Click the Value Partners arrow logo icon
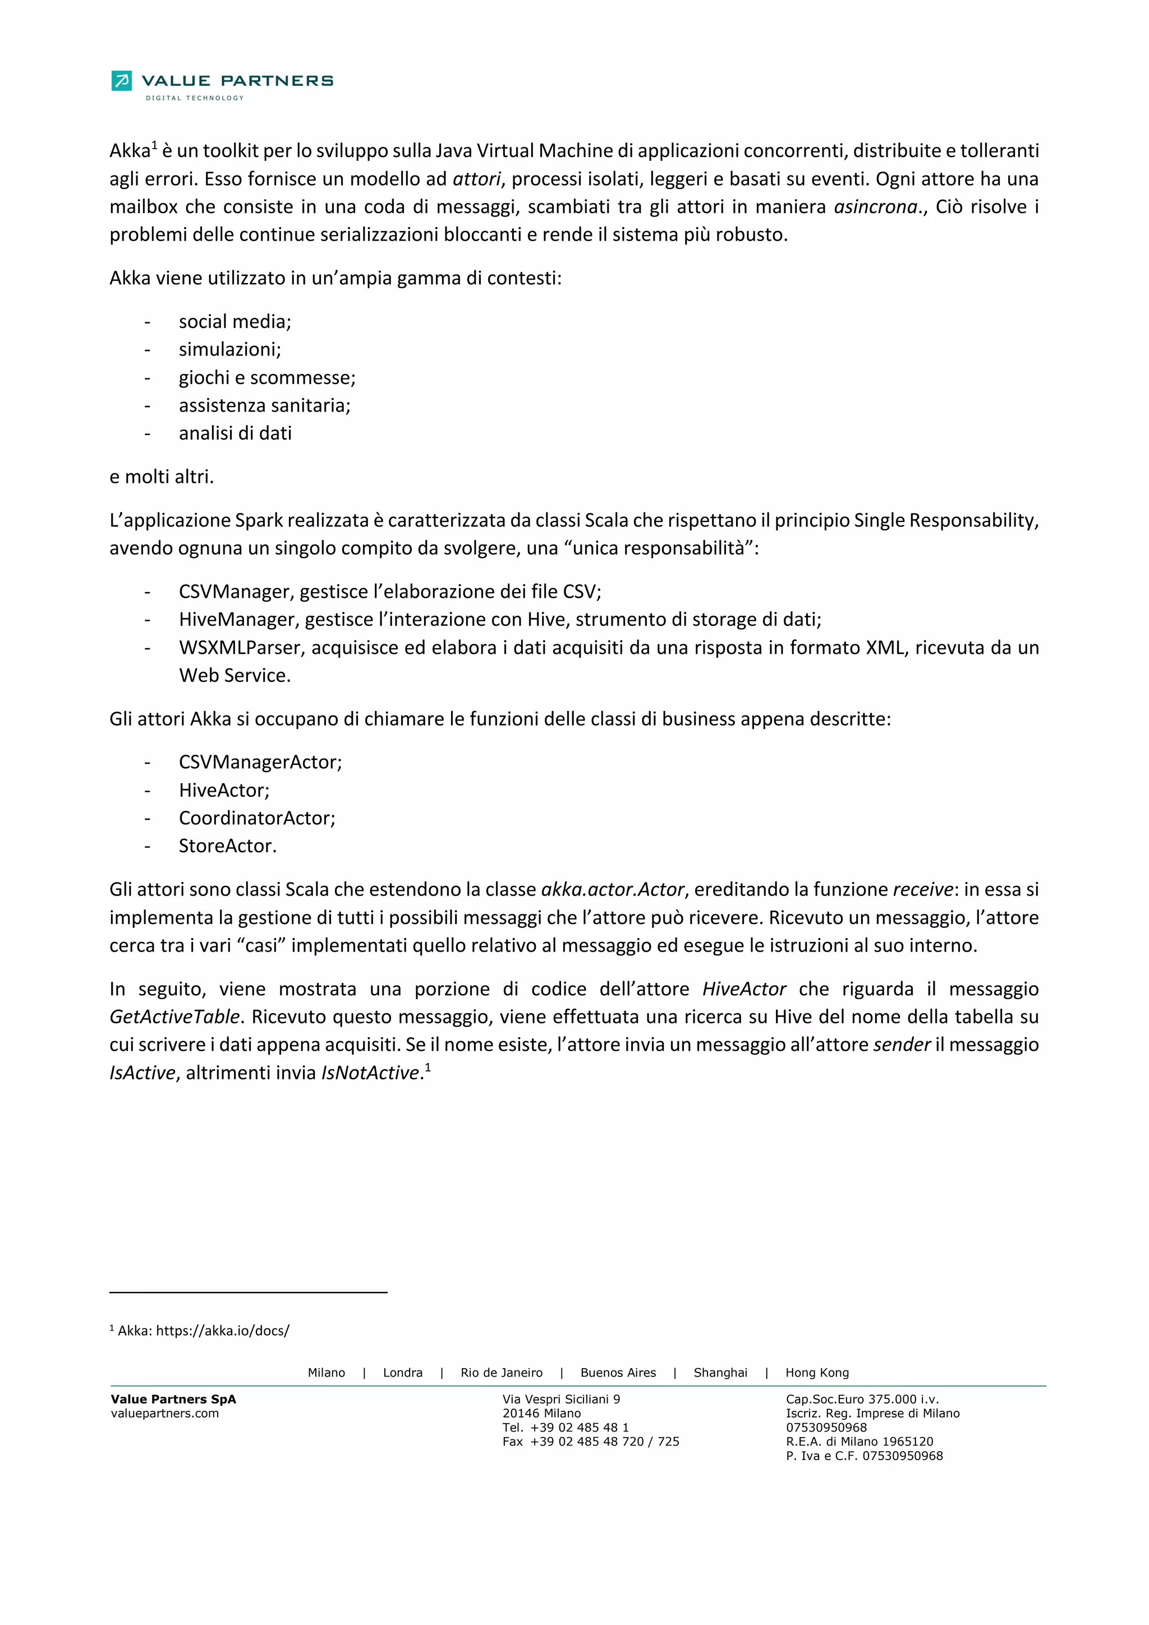(121, 81)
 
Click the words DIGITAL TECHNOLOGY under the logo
(195, 98)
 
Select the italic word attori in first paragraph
(476, 179)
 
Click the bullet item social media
(235, 321)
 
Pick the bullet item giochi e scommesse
(267, 377)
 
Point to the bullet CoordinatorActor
(257, 818)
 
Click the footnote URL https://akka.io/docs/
(222, 1331)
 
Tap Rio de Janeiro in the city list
(501, 1373)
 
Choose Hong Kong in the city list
(816, 1373)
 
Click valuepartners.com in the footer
(165, 1414)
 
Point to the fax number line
(590, 1442)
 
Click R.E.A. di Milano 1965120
(859, 1442)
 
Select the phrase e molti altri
(162, 477)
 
